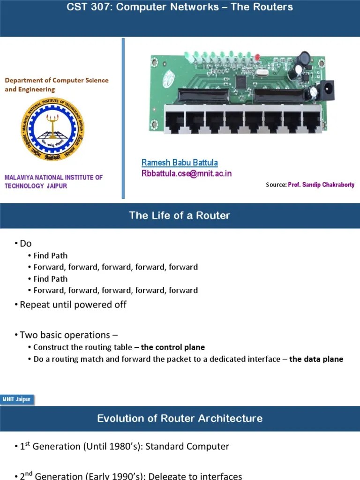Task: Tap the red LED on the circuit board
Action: pos(257,57)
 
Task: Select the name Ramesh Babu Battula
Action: pos(180,163)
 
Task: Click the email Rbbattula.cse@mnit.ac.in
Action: pos(187,173)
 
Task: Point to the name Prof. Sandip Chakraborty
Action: pos(321,185)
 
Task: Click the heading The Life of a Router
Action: pos(180,216)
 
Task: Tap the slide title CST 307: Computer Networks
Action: pos(180,7)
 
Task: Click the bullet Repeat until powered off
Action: pos(73,304)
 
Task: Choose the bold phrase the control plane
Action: pos(172,347)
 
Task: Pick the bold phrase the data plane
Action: pos(316,359)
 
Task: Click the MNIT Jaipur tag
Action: pos(17,399)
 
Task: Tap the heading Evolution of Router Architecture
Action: pos(180,418)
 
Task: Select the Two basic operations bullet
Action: pos(68,335)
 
